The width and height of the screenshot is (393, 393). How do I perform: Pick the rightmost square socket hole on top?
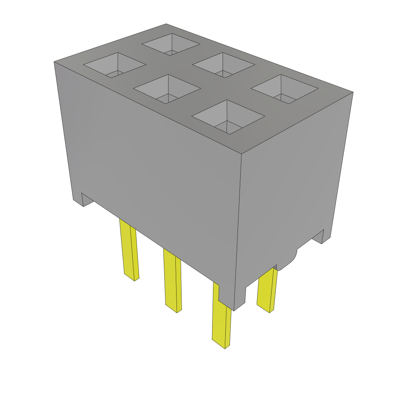[x=284, y=89]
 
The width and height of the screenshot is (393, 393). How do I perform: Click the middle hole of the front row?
[x=167, y=89]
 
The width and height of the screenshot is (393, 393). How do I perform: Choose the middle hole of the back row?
[x=224, y=65]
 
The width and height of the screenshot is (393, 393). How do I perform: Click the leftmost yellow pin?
[x=129, y=249]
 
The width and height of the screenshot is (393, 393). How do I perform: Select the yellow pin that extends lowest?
[x=222, y=322]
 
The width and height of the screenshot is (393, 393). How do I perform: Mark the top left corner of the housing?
[x=54, y=61]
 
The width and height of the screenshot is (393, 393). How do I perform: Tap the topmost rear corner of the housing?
[x=166, y=24]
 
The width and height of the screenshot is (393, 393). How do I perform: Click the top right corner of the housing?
[x=353, y=92]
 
